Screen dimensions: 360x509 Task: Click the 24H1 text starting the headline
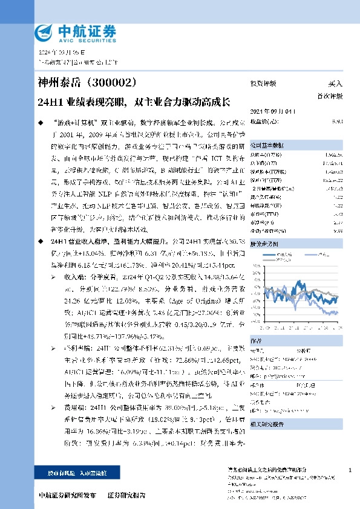pos(50,102)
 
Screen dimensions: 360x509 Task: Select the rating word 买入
pos(335,84)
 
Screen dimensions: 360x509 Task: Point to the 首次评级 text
pos(330,96)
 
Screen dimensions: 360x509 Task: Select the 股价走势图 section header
pos(263,245)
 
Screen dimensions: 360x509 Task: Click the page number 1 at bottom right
pos(351,470)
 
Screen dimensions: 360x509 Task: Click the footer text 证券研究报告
pos(126,495)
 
